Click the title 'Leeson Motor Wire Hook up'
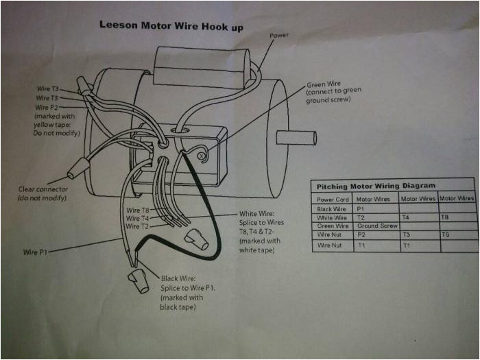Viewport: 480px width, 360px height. (x=171, y=25)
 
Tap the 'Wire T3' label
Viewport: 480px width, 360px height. (x=47, y=89)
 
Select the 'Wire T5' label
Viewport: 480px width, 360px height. (x=47, y=98)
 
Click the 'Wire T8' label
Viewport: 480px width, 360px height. (x=136, y=210)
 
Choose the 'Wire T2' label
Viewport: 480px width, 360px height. (x=136, y=226)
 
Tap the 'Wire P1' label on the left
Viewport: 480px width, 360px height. (x=35, y=252)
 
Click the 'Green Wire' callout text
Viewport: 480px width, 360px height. (x=323, y=84)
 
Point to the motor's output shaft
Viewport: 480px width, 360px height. (x=296, y=137)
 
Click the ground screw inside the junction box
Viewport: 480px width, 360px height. (x=202, y=156)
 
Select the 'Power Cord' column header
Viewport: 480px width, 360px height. (x=333, y=199)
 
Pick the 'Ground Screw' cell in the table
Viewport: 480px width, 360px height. (x=376, y=226)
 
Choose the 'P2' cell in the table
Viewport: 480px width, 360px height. (x=361, y=235)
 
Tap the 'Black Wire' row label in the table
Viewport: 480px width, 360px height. (x=332, y=208)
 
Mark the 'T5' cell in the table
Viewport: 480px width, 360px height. (x=446, y=234)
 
